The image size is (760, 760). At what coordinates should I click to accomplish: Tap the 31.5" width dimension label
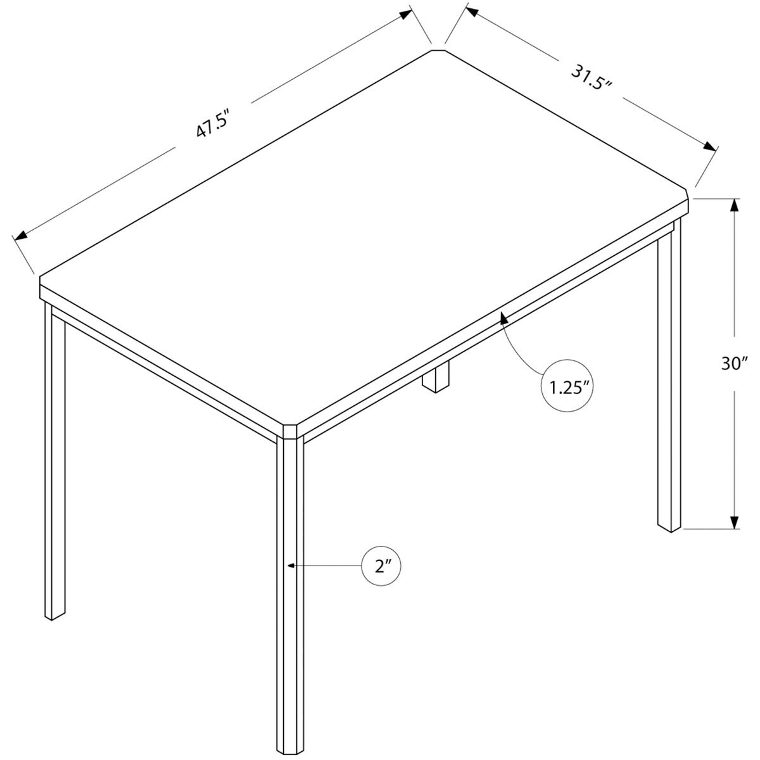[590, 77]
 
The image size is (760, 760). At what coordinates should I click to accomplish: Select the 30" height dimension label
[735, 364]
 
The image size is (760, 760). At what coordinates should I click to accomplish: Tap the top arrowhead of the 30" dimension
[735, 206]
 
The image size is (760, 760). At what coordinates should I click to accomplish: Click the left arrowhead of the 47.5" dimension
[22, 236]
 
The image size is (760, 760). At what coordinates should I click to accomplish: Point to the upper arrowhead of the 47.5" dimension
[406, 15]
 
